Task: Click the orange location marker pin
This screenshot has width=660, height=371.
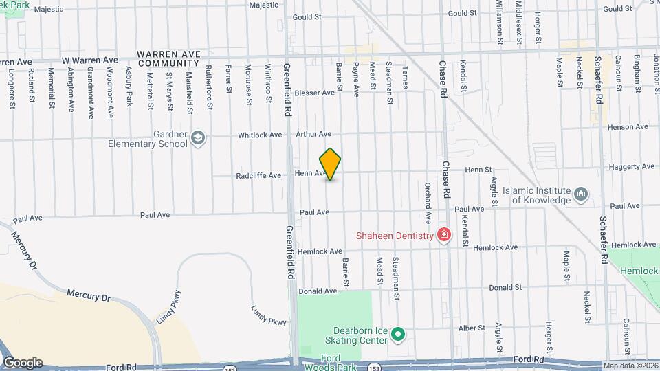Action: click(x=331, y=164)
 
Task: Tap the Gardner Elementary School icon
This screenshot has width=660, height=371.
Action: click(x=198, y=138)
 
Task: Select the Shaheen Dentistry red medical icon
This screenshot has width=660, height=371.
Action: click(x=444, y=236)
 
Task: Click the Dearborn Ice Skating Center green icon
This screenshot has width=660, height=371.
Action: click(x=397, y=335)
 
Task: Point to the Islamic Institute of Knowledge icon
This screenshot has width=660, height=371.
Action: click(x=581, y=195)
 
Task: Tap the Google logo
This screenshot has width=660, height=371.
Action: click(x=23, y=363)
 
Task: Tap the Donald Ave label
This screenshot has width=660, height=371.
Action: click(x=318, y=291)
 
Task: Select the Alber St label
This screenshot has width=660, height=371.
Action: click(x=472, y=328)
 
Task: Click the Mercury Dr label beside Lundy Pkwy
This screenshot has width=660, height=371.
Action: click(x=88, y=294)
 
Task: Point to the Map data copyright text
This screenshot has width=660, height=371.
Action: click(x=630, y=366)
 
